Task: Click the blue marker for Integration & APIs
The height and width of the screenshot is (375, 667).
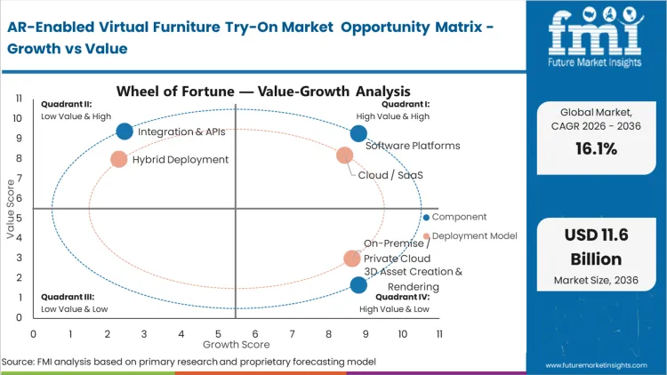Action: tap(125, 132)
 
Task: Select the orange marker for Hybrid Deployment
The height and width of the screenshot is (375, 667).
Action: tap(119, 160)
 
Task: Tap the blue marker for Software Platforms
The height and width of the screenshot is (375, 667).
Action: tap(358, 133)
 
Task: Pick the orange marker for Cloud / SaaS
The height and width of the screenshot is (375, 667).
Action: tap(345, 156)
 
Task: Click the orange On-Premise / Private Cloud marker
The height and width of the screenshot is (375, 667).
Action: tap(352, 259)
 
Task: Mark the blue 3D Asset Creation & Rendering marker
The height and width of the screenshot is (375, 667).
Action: tap(358, 285)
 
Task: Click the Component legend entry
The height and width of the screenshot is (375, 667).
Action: tap(458, 217)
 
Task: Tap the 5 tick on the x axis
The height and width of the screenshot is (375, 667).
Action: tap(218, 333)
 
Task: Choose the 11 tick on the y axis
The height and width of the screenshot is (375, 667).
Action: tap(17, 99)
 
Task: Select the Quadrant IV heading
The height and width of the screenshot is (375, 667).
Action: tap(402, 297)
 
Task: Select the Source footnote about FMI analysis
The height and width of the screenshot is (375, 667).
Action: tap(189, 362)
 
